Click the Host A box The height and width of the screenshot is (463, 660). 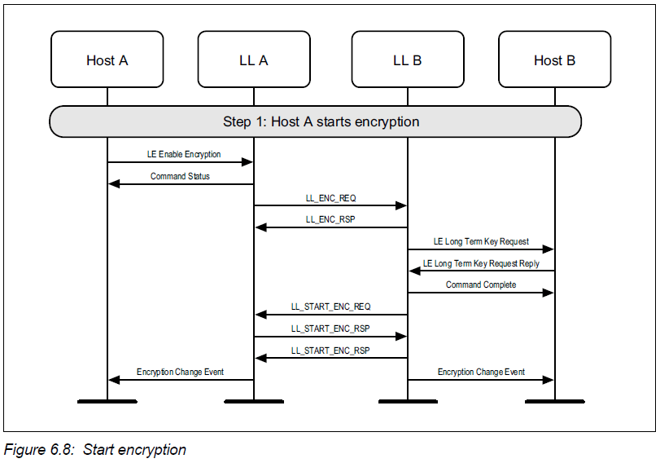[107, 60]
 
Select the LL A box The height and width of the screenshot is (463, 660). [253, 60]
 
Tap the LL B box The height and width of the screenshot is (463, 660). [407, 60]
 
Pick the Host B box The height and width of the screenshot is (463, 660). [554, 60]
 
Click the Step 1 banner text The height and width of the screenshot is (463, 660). [321, 122]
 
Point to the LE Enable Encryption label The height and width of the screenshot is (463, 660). [184, 154]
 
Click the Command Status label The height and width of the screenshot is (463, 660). [180, 176]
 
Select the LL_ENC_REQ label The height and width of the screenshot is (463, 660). [330, 198]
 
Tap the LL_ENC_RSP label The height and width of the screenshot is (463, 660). [330, 219]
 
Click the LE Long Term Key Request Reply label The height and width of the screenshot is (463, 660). [481, 263]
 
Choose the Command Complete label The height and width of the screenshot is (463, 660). [480, 284]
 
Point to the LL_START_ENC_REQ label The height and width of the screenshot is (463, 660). [330, 306]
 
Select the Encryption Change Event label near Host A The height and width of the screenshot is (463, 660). [180, 372]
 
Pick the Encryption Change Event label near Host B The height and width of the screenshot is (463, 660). [481, 372]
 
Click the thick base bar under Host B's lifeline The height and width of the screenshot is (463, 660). [554, 401]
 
